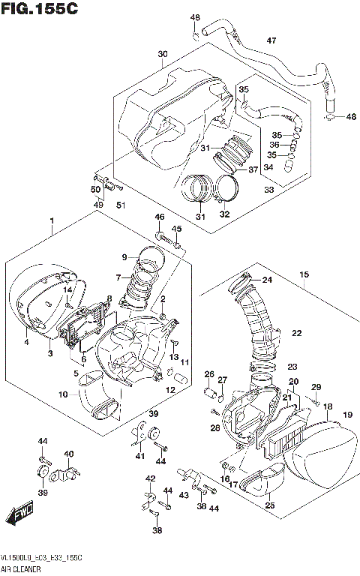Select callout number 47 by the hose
click(x=271, y=40)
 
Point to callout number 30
click(x=163, y=54)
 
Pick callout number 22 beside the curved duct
click(x=297, y=332)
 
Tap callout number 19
click(x=347, y=415)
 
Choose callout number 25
click(x=269, y=506)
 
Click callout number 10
click(x=63, y=394)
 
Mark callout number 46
click(x=159, y=217)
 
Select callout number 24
click(x=267, y=280)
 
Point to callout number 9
click(x=124, y=259)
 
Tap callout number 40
click(x=68, y=454)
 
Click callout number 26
click(x=209, y=374)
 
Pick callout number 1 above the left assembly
click(x=52, y=221)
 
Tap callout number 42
click(x=150, y=478)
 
